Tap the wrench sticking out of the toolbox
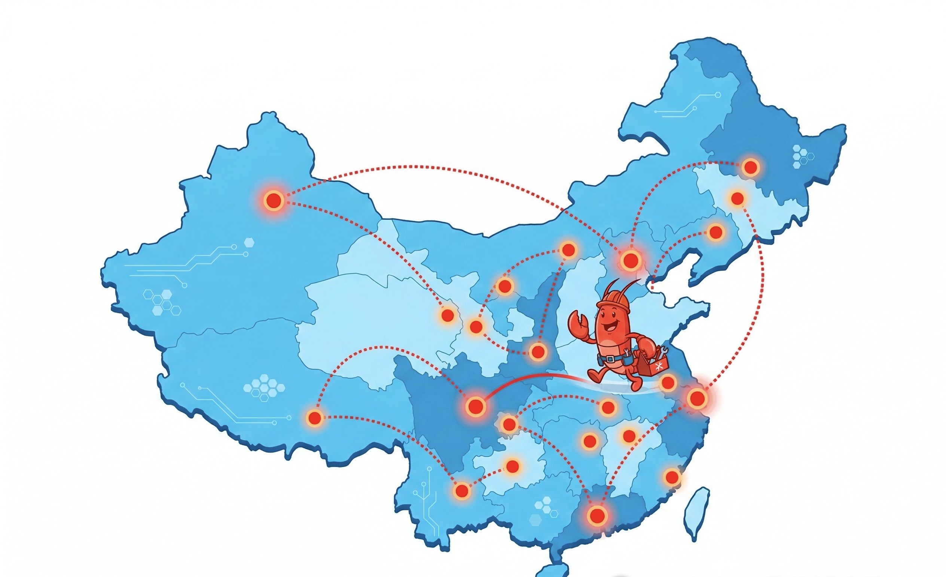[x=663, y=351]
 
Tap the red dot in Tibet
[x=315, y=417]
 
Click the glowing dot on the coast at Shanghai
[x=697, y=398]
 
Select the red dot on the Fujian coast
[x=672, y=477]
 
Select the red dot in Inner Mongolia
[x=568, y=250]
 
